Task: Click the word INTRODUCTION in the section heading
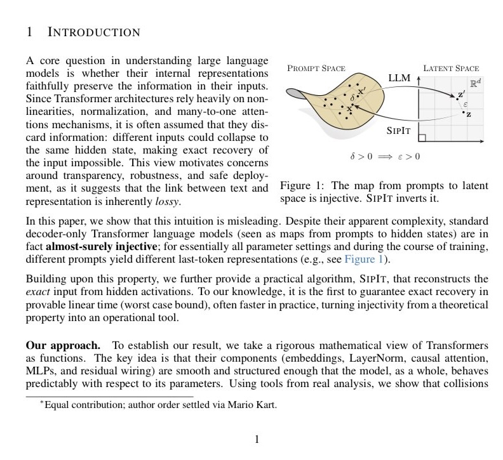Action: point(93,32)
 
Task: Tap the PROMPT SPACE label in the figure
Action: point(316,68)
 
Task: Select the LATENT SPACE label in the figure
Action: point(451,68)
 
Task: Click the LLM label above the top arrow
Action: point(400,77)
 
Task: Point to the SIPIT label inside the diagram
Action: point(399,131)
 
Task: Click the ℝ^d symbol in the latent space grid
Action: point(475,83)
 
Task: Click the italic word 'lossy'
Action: point(168,202)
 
